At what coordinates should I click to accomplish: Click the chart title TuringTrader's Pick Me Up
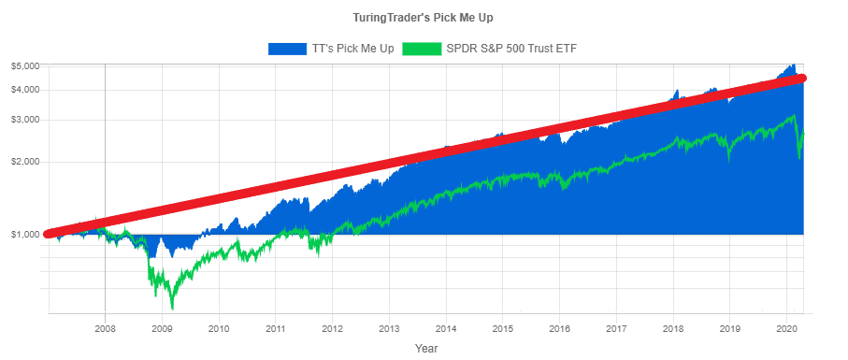click(x=424, y=18)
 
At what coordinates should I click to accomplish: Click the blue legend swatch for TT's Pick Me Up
click(x=287, y=48)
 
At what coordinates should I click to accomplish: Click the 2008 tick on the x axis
click(x=105, y=328)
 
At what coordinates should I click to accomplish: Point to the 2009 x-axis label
click(x=162, y=328)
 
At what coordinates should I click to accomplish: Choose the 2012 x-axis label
click(x=332, y=328)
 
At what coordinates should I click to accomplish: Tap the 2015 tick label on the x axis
click(x=502, y=328)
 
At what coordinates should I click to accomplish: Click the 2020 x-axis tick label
click(x=786, y=328)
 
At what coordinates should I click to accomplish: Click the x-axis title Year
click(x=426, y=348)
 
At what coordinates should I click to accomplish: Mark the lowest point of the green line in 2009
click(x=172, y=308)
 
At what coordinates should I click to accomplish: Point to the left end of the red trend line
click(x=49, y=234)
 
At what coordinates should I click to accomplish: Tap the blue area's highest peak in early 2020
click(x=793, y=65)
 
